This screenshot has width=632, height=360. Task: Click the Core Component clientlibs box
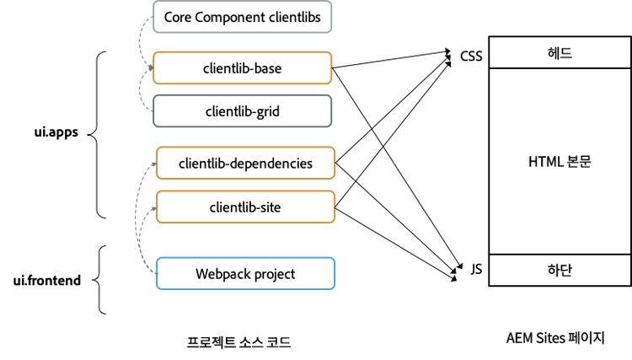tap(243, 18)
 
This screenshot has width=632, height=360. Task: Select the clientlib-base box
tap(243, 68)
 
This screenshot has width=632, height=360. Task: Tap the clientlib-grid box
tap(243, 110)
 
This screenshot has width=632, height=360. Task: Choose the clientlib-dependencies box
tap(246, 163)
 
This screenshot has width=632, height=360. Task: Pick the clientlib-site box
tap(246, 207)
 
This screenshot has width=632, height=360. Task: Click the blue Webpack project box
tap(246, 274)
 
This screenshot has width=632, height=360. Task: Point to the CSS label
tap(471, 57)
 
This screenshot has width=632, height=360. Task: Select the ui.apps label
tap(56, 133)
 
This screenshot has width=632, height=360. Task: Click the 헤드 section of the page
tap(559, 53)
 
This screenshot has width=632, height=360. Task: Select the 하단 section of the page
tap(559, 270)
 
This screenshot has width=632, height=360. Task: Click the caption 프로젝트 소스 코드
tap(244, 341)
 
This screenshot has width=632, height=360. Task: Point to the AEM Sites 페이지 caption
tap(556, 337)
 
